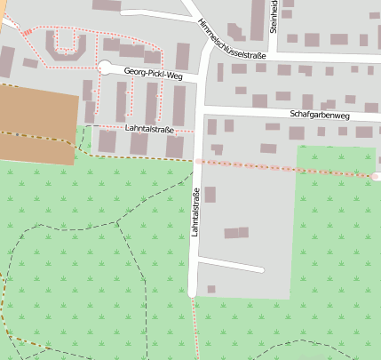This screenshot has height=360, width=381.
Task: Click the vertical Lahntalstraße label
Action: coord(194,213)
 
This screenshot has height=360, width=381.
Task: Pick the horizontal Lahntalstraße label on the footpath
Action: coord(148,130)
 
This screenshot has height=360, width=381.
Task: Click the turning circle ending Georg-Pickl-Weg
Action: coord(106,67)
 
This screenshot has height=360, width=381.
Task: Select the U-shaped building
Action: coord(67,44)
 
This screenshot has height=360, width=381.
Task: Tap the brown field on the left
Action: coord(36,124)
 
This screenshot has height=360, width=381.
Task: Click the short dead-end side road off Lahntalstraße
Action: coord(231,263)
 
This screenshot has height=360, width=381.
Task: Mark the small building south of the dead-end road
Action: coord(210,289)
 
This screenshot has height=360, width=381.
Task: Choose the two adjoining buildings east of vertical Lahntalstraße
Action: coord(235,233)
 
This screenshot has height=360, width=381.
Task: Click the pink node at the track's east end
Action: coord(376,177)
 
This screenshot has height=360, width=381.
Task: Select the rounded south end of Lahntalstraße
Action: coord(193,292)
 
